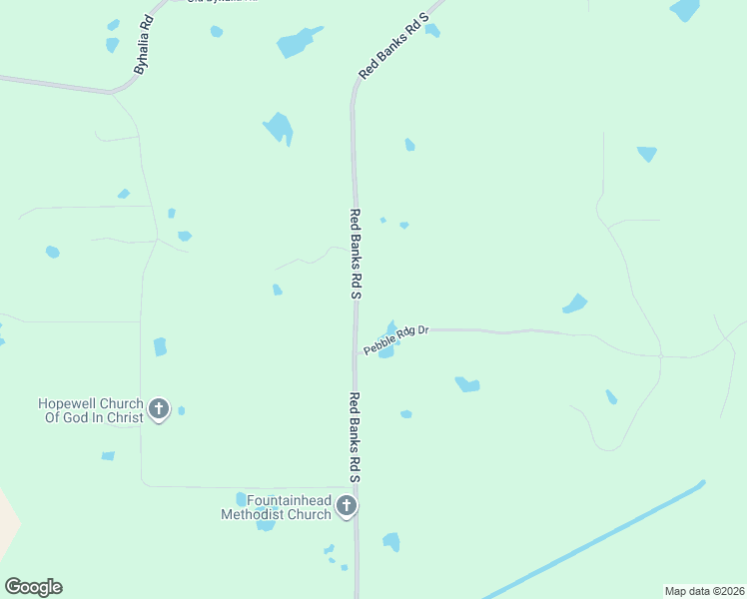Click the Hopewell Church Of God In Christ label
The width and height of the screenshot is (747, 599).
(x=90, y=410)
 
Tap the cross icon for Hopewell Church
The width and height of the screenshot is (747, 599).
(x=159, y=408)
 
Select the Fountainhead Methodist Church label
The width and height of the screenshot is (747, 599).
(x=276, y=507)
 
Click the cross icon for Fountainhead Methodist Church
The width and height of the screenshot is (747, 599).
(x=347, y=506)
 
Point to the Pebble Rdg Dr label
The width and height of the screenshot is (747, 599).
(x=395, y=339)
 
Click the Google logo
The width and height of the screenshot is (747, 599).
(x=33, y=587)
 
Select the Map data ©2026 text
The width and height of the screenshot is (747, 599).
(x=704, y=591)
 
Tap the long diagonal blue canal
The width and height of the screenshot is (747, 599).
(x=599, y=539)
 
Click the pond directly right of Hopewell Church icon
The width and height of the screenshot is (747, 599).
(x=181, y=410)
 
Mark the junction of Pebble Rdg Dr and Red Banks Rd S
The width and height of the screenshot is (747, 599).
(x=356, y=352)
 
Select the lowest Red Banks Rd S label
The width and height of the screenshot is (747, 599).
(x=354, y=437)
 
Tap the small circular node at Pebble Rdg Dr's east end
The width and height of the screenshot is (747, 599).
(x=660, y=354)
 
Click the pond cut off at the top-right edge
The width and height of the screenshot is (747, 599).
(x=685, y=9)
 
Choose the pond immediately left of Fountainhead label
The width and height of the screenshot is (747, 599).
(x=241, y=499)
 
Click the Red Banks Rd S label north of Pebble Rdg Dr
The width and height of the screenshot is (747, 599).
(x=355, y=255)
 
